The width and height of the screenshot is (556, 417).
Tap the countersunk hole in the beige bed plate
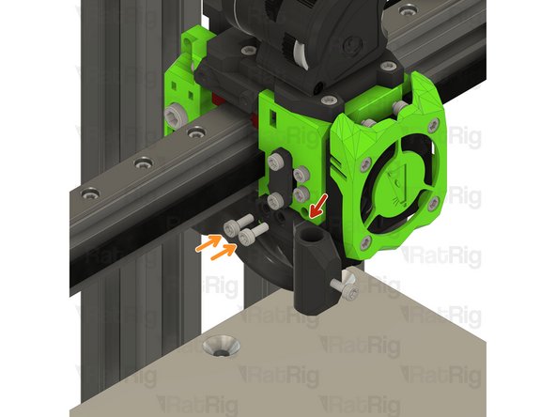click(x=222, y=346)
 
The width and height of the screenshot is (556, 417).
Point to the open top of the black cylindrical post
click(x=311, y=235)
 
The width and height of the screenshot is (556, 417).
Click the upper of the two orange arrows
click(x=209, y=243)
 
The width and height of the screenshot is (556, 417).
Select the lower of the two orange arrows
click(x=224, y=252)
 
